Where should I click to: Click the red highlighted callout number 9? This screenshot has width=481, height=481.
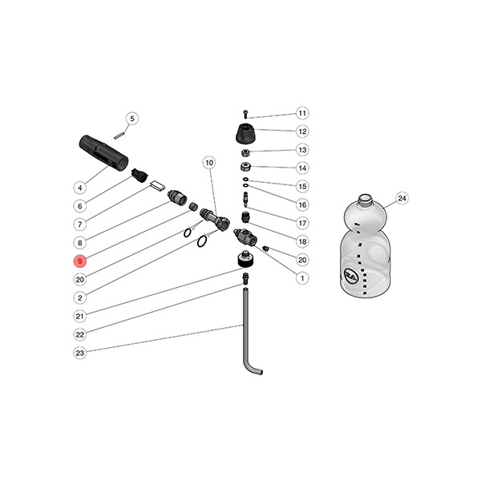pos(80,261)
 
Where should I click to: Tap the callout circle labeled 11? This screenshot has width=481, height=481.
pos(302,113)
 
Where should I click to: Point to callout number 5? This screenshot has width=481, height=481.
pos(133,119)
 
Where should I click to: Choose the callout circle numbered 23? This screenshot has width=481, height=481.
pos(80,353)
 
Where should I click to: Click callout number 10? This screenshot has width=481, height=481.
pos(209,164)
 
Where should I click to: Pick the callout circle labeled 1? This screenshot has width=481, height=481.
pos(302,279)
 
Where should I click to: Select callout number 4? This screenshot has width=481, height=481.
pos(80,188)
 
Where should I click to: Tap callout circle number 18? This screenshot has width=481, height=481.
pos(302,241)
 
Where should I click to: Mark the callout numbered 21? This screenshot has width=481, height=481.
pos(80,316)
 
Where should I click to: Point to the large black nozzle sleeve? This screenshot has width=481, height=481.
pos(104,152)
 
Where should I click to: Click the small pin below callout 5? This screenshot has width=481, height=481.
pos(117,134)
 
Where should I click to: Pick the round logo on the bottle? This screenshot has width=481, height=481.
pos(350,275)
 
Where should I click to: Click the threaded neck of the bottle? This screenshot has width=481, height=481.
pos(365,197)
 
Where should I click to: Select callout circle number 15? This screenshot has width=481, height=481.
pos(302,186)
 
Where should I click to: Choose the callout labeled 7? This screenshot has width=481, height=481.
pos(80,224)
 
